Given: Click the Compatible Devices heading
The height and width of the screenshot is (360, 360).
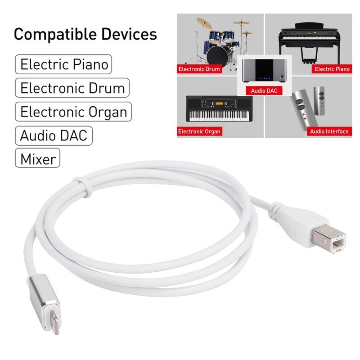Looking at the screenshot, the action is click(x=85, y=34).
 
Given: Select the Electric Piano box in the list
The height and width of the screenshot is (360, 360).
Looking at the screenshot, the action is click(x=63, y=64).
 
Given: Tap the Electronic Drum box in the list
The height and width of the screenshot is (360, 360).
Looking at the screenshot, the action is click(x=72, y=87).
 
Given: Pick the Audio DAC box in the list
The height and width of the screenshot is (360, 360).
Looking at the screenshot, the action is click(x=54, y=135).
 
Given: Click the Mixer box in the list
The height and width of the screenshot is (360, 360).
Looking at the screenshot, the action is click(x=38, y=158).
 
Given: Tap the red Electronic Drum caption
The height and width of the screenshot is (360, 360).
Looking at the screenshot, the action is click(x=199, y=69).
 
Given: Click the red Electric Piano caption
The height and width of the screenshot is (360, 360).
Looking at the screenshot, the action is click(x=332, y=69).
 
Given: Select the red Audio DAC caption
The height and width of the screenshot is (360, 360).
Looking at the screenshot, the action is click(x=264, y=91).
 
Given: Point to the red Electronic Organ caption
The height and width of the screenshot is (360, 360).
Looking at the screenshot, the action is click(x=199, y=131).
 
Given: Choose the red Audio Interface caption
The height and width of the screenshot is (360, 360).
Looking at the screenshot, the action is click(x=329, y=131).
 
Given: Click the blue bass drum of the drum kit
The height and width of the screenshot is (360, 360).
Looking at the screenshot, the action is click(x=217, y=55).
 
